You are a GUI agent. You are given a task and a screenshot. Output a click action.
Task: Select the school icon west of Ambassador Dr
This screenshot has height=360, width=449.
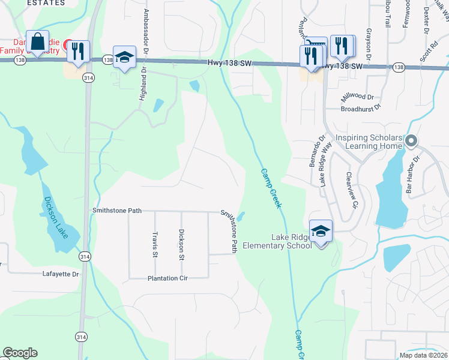click(x=124, y=57)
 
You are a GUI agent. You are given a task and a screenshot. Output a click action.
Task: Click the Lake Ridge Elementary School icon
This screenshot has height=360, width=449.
click(x=321, y=231)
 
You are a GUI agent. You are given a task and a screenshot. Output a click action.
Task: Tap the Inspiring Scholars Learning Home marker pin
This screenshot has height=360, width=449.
click(x=411, y=142)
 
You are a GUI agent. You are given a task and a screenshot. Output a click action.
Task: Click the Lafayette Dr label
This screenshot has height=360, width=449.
click(x=61, y=274)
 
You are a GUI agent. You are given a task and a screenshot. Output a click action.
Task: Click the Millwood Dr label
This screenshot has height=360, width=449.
click(x=357, y=97)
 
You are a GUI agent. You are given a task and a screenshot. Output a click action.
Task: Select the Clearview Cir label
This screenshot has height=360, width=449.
click(x=352, y=191)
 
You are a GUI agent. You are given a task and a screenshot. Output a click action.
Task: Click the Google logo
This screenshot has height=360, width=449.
click(x=20, y=353)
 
